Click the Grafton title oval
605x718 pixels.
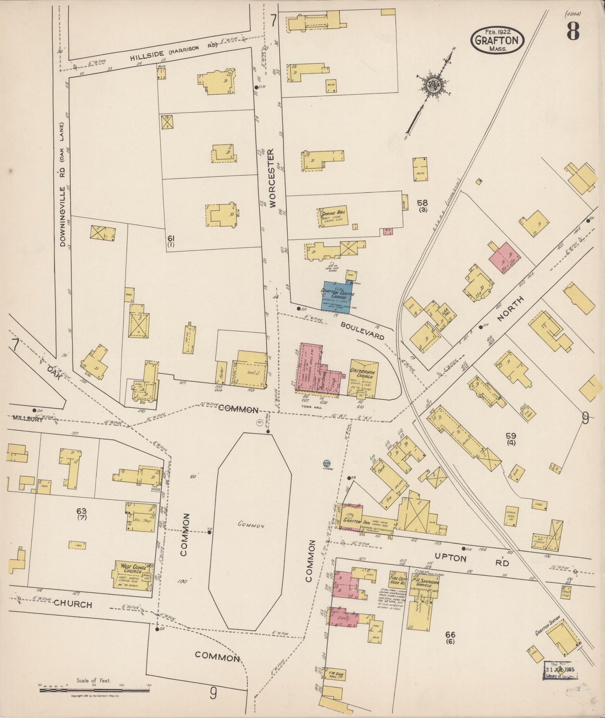tap(498, 40)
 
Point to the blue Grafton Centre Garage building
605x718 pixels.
tap(337, 296)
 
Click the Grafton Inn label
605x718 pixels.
tap(353, 521)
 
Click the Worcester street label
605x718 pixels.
tap(273, 178)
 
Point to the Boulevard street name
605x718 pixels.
tap(362, 331)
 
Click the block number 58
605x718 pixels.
tap(422, 203)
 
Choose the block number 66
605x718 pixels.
tap(450, 635)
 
